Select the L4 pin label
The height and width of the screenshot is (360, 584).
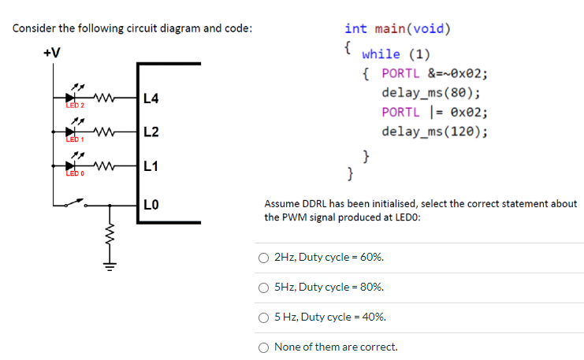click(152, 98)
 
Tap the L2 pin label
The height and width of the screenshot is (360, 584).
click(152, 132)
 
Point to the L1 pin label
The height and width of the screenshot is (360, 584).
click(152, 166)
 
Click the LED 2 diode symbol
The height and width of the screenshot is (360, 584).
click(80, 98)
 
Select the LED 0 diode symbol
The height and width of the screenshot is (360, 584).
click(80, 166)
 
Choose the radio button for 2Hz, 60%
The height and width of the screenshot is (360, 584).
click(265, 258)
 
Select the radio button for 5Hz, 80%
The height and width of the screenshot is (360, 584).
click(265, 288)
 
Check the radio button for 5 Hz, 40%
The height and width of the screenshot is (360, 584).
click(265, 317)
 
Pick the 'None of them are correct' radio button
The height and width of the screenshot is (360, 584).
click(265, 347)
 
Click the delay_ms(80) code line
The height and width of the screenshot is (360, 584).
click(431, 93)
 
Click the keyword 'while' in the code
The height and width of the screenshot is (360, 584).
click(381, 54)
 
